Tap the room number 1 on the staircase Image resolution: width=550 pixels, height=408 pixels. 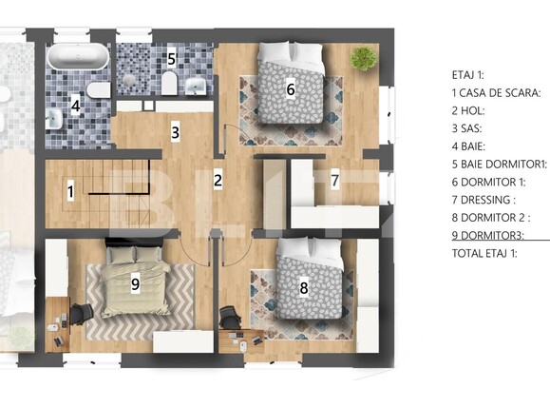tap(70, 191)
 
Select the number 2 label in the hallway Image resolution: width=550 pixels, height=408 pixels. tap(218, 179)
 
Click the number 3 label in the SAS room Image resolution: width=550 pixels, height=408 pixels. tap(175, 132)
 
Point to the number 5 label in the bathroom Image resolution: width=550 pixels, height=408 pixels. tap(171, 58)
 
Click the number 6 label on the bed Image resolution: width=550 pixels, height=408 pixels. tap(291, 89)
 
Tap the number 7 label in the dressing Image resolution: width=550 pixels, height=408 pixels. tap(334, 179)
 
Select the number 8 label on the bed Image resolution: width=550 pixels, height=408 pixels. tap(303, 286)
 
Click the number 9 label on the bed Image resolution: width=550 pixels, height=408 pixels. tap(135, 282)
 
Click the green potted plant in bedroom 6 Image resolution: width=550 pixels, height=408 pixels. tap(362, 58)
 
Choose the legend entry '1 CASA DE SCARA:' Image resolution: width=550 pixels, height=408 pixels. tap(496, 92)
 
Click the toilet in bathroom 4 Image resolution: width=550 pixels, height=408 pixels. tap(96, 91)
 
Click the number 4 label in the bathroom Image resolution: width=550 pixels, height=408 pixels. tap(75, 107)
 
